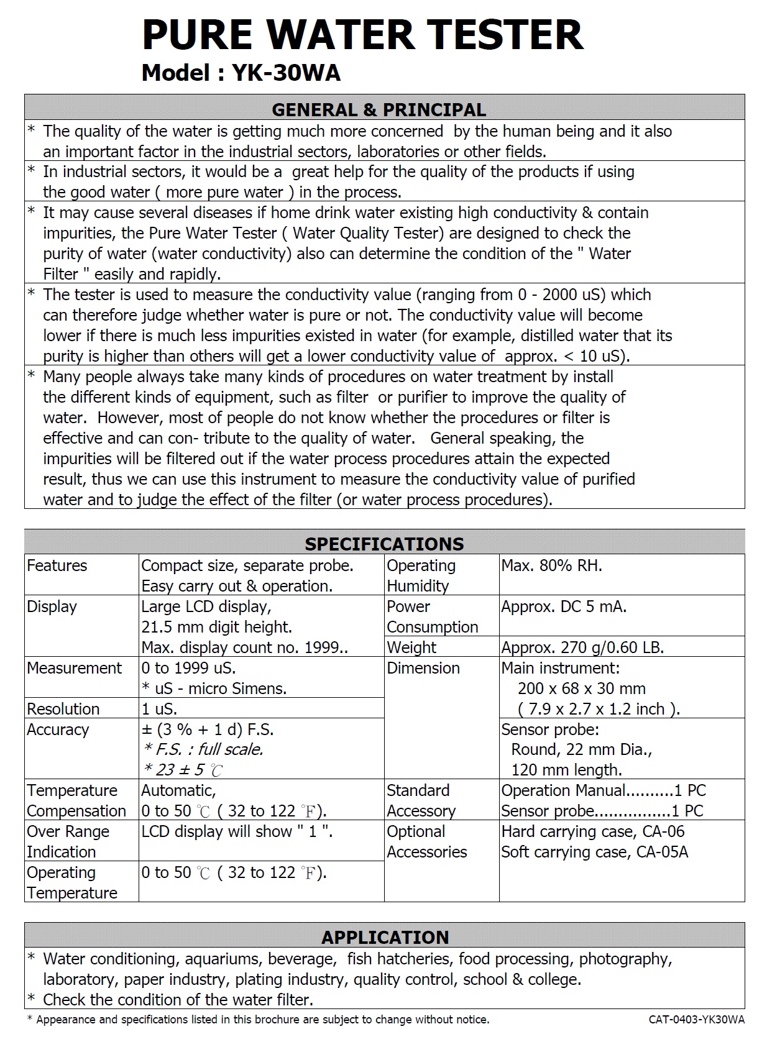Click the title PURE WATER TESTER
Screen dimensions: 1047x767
[x=362, y=35]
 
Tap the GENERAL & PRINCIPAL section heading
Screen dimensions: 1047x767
[x=379, y=110]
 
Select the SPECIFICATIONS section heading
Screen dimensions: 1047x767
[x=384, y=544]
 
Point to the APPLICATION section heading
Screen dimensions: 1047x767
[x=385, y=937]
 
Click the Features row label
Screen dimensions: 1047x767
[x=57, y=565]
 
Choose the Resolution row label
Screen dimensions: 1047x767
[x=63, y=709]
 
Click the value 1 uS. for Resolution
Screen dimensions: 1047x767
[x=159, y=709]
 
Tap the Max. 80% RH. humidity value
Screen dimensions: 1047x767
[x=551, y=565]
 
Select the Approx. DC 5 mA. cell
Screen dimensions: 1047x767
[x=564, y=606]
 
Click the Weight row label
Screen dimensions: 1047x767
[x=411, y=647]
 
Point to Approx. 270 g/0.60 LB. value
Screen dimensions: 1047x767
[x=582, y=647]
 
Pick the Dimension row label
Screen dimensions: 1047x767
[x=423, y=668]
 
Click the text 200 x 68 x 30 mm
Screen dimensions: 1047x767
[x=582, y=688]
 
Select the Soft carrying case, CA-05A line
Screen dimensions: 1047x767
[x=595, y=852]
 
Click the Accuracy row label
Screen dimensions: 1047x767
[x=58, y=729]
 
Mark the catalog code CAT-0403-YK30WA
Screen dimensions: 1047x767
[x=696, y=1020]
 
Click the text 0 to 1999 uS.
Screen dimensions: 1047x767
[x=188, y=668]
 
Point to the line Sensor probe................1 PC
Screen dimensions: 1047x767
[x=602, y=811]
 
